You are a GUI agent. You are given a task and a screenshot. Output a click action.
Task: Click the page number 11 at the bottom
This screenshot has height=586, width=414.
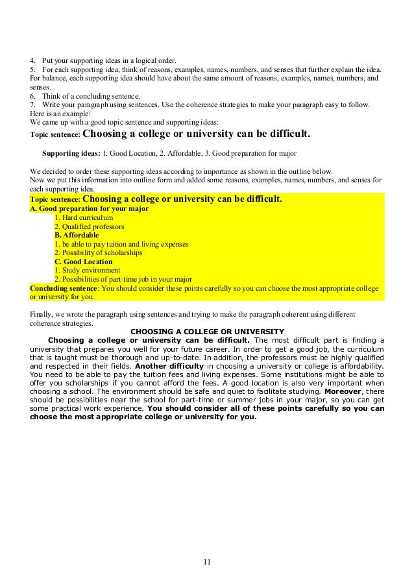click(207, 562)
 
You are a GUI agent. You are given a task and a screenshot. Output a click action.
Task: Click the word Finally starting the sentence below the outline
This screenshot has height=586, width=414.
click(42, 314)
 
